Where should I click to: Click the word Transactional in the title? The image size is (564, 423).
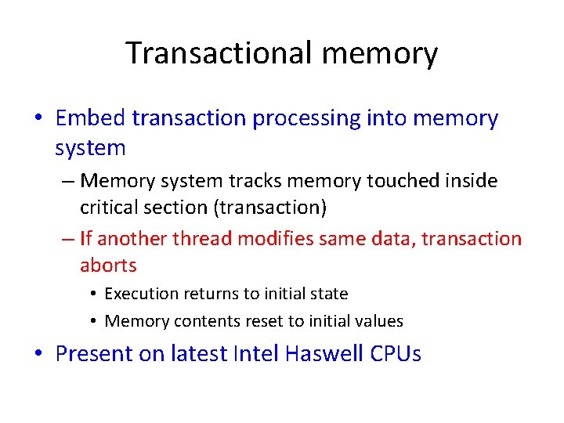218,53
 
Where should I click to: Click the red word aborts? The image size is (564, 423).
108,266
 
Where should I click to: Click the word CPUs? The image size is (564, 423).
396,354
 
